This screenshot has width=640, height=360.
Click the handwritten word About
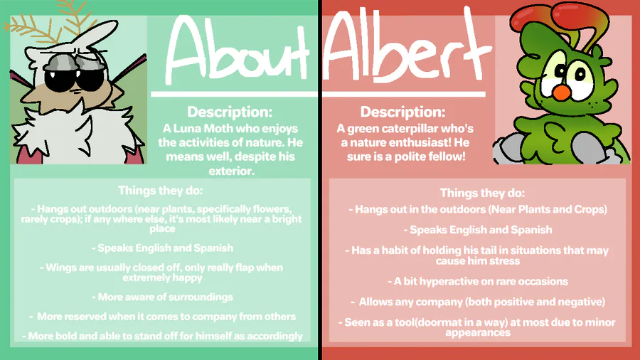[x=237, y=51]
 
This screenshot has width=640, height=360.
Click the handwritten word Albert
[x=406, y=47]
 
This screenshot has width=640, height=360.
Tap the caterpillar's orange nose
[x=562, y=92]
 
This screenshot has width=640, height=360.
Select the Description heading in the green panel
[x=230, y=112]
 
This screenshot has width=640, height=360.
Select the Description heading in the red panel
[x=403, y=112]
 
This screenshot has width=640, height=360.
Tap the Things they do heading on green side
[x=161, y=190]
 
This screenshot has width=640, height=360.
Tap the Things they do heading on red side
[x=482, y=193]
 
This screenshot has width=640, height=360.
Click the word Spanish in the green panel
[x=213, y=248]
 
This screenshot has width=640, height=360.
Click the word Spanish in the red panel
[x=532, y=230]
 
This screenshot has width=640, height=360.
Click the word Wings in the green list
[x=58, y=268]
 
